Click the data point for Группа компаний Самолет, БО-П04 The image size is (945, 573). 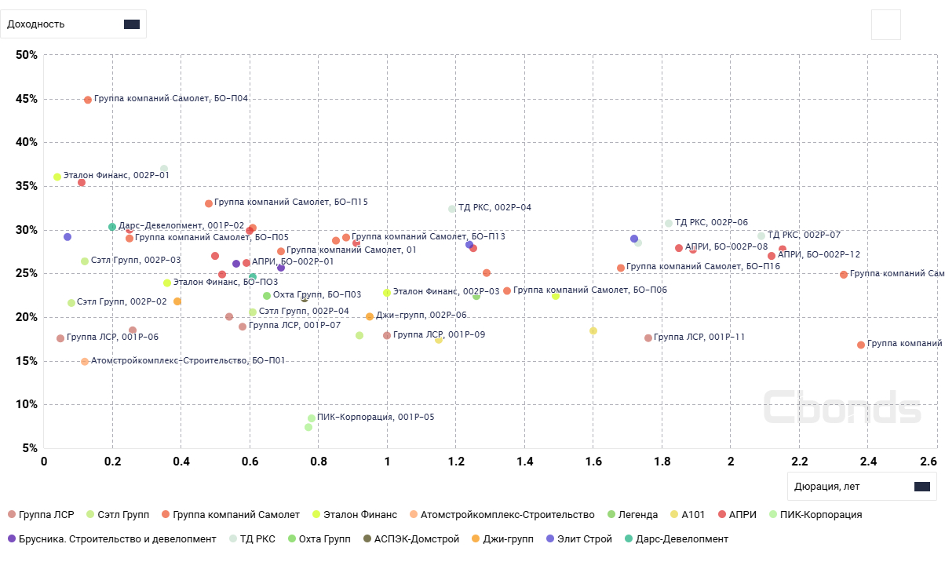tap(88, 100)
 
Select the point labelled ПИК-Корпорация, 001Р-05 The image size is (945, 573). tap(312, 418)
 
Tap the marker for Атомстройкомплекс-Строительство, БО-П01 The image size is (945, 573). tap(85, 362)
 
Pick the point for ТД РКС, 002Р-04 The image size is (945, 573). tap(452, 209)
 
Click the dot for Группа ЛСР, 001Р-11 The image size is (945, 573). tap(648, 338)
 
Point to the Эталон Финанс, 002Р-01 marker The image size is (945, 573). tap(57, 177)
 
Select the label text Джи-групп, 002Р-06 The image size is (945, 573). tap(421, 315)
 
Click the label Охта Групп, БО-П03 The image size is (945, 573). tap(316, 294)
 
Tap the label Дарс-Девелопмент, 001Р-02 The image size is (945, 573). tap(181, 225)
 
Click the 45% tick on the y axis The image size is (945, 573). tap(27, 99)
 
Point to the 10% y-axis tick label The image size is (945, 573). tap(27, 405)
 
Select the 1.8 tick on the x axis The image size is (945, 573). tap(662, 462)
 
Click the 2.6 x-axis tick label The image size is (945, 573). tap(929, 462)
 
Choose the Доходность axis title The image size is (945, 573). tap(36, 24)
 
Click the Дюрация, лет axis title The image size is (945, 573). tap(826, 487)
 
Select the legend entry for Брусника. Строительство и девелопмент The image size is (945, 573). tap(111, 539)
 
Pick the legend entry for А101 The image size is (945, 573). tap(693, 515)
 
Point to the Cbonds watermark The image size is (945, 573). tap(841, 407)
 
